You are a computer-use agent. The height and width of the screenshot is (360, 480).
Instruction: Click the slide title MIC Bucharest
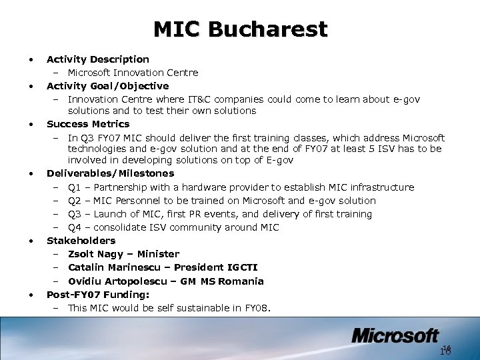pyautogui.click(x=240, y=29)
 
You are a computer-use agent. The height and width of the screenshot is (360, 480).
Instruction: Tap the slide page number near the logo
pyautogui.click(x=446, y=350)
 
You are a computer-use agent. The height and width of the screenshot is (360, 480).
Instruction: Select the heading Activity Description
pyautogui.click(x=97, y=59)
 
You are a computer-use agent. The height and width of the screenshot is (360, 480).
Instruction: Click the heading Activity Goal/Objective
pyautogui.click(x=107, y=86)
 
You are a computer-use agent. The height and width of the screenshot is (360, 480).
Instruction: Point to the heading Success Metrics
pyautogui.click(x=88, y=124)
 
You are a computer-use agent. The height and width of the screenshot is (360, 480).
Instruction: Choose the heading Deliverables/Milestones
pyautogui.click(x=110, y=174)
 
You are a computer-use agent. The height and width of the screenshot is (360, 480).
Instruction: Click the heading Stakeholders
pyautogui.click(x=81, y=241)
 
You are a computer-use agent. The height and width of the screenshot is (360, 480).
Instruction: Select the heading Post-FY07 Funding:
pyautogui.click(x=97, y=294)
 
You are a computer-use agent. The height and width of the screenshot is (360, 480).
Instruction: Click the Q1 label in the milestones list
pyautogui.click(x=75, y=187)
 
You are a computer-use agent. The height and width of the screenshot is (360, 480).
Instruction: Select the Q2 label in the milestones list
pyautogui.click(x=75, y=201)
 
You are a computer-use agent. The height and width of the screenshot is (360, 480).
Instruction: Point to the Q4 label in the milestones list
pyautogui.click(x=75, y=227)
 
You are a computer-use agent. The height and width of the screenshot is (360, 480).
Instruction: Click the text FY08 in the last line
pyautogui.click(x=256, y=308)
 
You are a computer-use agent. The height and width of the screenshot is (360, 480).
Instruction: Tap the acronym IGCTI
pyautogui.click(x=241, y=267)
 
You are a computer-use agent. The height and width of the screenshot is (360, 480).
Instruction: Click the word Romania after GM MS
pyautogui.click(x=241, y=281)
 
